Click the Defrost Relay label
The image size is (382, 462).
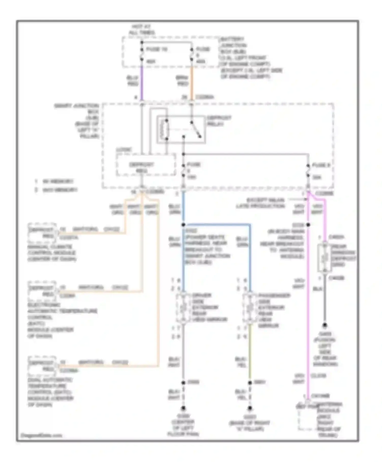pyautogui.click(x=219, y=121)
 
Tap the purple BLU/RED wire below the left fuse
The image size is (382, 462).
pyautogui.click(x=142, y=81)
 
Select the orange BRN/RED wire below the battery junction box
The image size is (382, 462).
pyautogui.click(x=192, y=81)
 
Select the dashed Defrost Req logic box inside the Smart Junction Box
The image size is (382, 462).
pyautogui.click(x=146, y=165)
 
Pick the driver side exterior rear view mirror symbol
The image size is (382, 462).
pyautogui.click(x=183, y=308)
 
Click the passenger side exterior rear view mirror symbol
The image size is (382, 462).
pyautogui.click(x=250, y=308)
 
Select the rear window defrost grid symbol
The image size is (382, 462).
pyautogui.click(x=324, y=258)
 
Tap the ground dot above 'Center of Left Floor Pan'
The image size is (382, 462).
pyautogui.click(x=183, y=408)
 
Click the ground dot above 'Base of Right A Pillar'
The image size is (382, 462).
pyautogui.click(x=250, y=408)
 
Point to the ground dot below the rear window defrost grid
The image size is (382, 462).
pyautogui.click(x=325, y=325)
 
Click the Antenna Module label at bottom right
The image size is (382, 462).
pyautogui.click(x=330, y=420)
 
